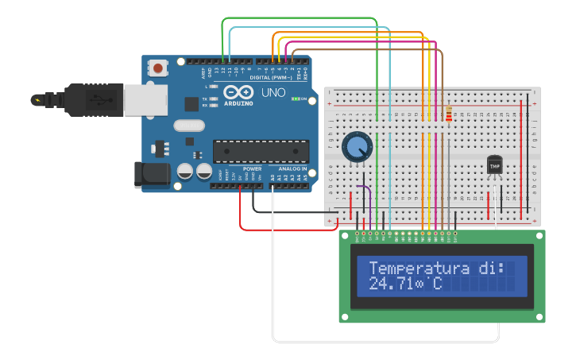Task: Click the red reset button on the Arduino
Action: point(158,68)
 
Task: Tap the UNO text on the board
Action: point(273,93)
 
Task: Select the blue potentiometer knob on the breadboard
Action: point(358,146)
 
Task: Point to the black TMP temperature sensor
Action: point(495,165)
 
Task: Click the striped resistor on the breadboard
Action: point(449,114)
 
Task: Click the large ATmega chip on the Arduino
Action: point(261,151)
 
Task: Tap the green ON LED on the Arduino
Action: point(296,99)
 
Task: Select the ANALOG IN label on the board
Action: point(292,169)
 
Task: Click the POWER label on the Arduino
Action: point(253,169)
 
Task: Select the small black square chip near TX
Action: point(191,103)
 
